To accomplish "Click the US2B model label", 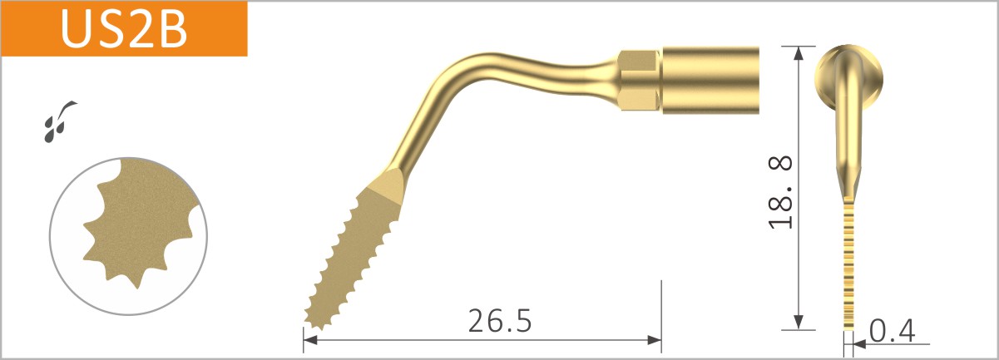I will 123,29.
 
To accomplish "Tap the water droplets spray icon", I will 58,120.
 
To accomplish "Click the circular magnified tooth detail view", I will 125,236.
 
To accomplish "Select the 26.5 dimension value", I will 499,319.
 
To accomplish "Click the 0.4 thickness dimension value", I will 892,331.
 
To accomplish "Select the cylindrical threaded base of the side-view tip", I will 712,80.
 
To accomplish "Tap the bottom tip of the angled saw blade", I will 309,323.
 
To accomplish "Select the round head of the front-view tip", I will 849,79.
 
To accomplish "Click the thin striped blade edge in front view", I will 848,266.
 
